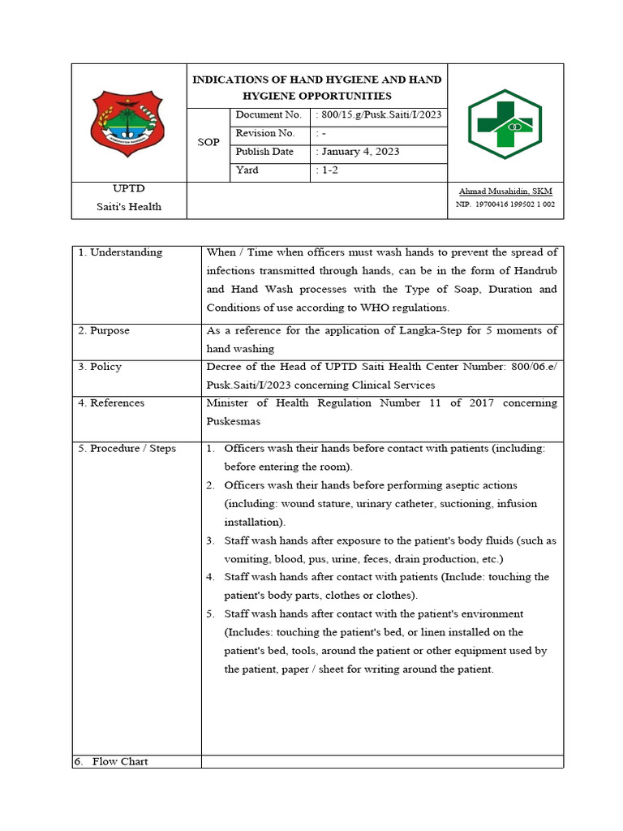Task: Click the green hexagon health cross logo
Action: tap(505, 123)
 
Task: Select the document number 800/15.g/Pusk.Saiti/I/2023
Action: tap(380, 115)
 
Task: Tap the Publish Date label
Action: tap(264, 152)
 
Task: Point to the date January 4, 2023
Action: tap(360, 152)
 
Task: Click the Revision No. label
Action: tap(265, 133)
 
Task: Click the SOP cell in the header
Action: tap(208, 143)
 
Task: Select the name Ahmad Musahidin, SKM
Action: tap(505, 192)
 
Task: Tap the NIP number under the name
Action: tap(505, 205)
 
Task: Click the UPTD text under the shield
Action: tap(129, 188)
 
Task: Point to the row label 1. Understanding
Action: tap(120, 252)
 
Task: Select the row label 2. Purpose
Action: tap(104, 331)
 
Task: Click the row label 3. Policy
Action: tap(100, 367)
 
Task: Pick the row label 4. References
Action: tap(111, 403)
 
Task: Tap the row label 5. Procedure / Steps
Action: tap(127, 449)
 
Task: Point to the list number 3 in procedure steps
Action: tap(209, 540)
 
